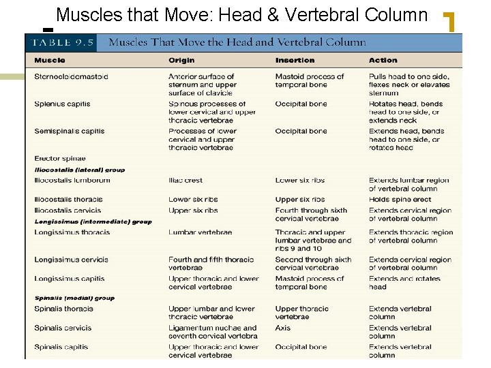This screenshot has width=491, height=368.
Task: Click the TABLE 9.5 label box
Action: tap(60, 42)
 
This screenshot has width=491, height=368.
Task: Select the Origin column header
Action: tap(181, 61)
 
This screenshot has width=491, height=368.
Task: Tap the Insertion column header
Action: tap(295, 61)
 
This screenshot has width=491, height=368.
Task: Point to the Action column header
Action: tap(383, 61)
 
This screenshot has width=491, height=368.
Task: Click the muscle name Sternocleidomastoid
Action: tap(71, 77)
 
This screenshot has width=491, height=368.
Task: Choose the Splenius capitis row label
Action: tap(62, 104)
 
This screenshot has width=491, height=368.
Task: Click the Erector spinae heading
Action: tap(60, 159)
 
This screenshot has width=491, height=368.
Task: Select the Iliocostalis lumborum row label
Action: tap(72, 181)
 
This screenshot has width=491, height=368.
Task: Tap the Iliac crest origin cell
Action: tap(185, 181)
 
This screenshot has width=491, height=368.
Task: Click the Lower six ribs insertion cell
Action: tap(300, 181)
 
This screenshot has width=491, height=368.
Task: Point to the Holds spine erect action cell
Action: tap(400, 200)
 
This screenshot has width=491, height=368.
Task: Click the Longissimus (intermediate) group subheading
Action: tap(93, 221)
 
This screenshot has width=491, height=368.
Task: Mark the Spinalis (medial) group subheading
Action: tap(74, 298)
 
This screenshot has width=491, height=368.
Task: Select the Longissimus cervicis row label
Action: tap(71, 260)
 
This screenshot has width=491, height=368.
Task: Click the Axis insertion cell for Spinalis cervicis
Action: tap(282, 328)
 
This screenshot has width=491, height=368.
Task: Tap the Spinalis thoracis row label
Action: tap(63, 309)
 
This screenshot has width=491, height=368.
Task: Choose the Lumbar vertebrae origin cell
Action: tap(200, 232)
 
